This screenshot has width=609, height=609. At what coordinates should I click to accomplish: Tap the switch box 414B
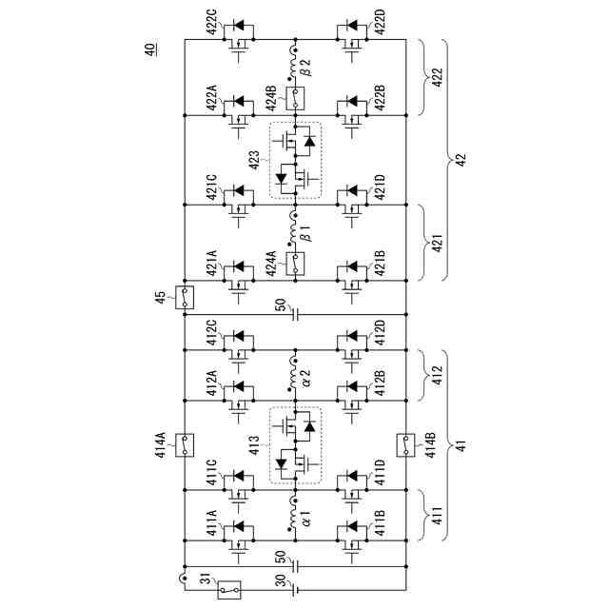pyautogui.click(x=405, y=442)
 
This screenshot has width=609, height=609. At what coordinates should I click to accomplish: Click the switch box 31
pyautogui.click(x=228, y=589)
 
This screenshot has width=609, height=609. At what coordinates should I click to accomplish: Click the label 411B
pyautogui.click(x=380, y=526)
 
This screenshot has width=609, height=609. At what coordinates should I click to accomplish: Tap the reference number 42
pyautogui.click(x=461, y=161)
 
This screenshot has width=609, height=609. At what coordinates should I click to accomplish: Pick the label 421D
pyautogui.click(x=380, y=188)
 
